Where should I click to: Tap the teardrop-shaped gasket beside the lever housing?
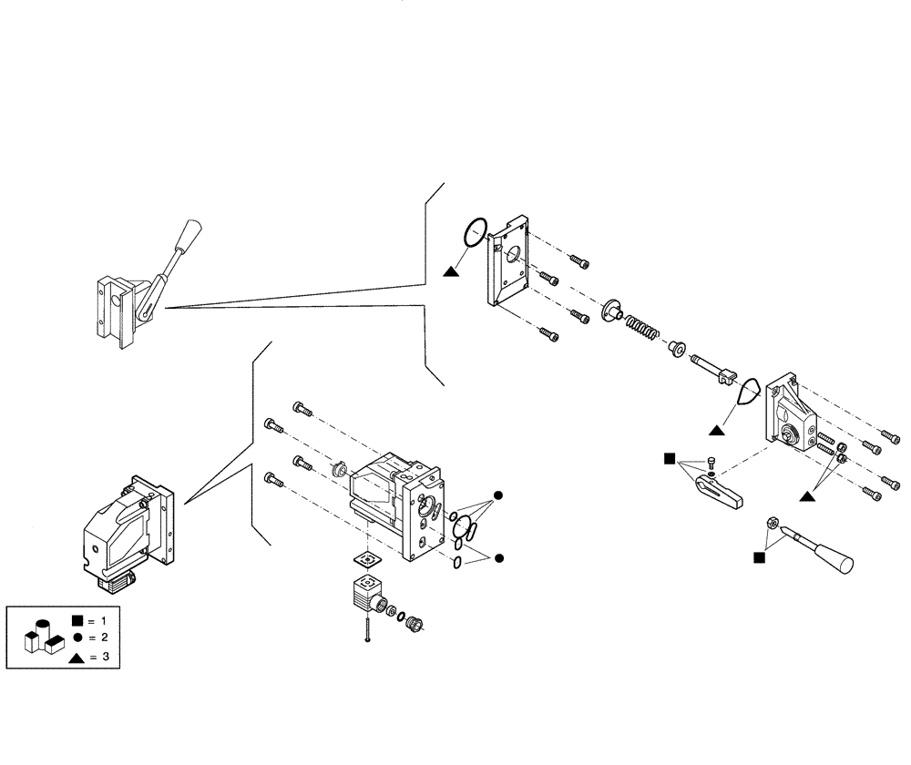point(747,392)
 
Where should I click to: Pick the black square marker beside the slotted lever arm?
point(670,457)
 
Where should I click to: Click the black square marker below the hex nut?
point(759,556)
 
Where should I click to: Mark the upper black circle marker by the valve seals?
point(497,495)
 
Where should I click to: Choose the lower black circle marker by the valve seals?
point(497,556)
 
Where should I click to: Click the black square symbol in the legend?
point(77,621)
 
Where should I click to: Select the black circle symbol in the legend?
point(77,638)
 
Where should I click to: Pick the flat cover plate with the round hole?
point(511,262)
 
